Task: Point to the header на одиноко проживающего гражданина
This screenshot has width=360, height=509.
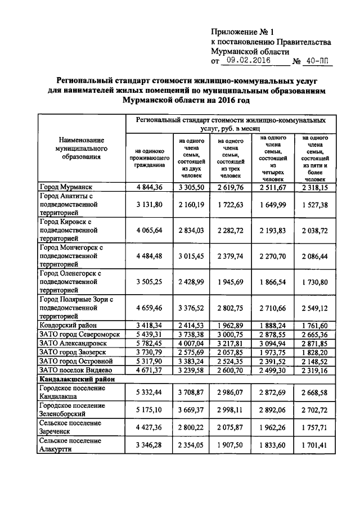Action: click(149, 159)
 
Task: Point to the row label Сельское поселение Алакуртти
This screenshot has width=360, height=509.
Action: click(71, 444)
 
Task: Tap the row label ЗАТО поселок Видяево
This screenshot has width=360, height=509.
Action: click(75, 370)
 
